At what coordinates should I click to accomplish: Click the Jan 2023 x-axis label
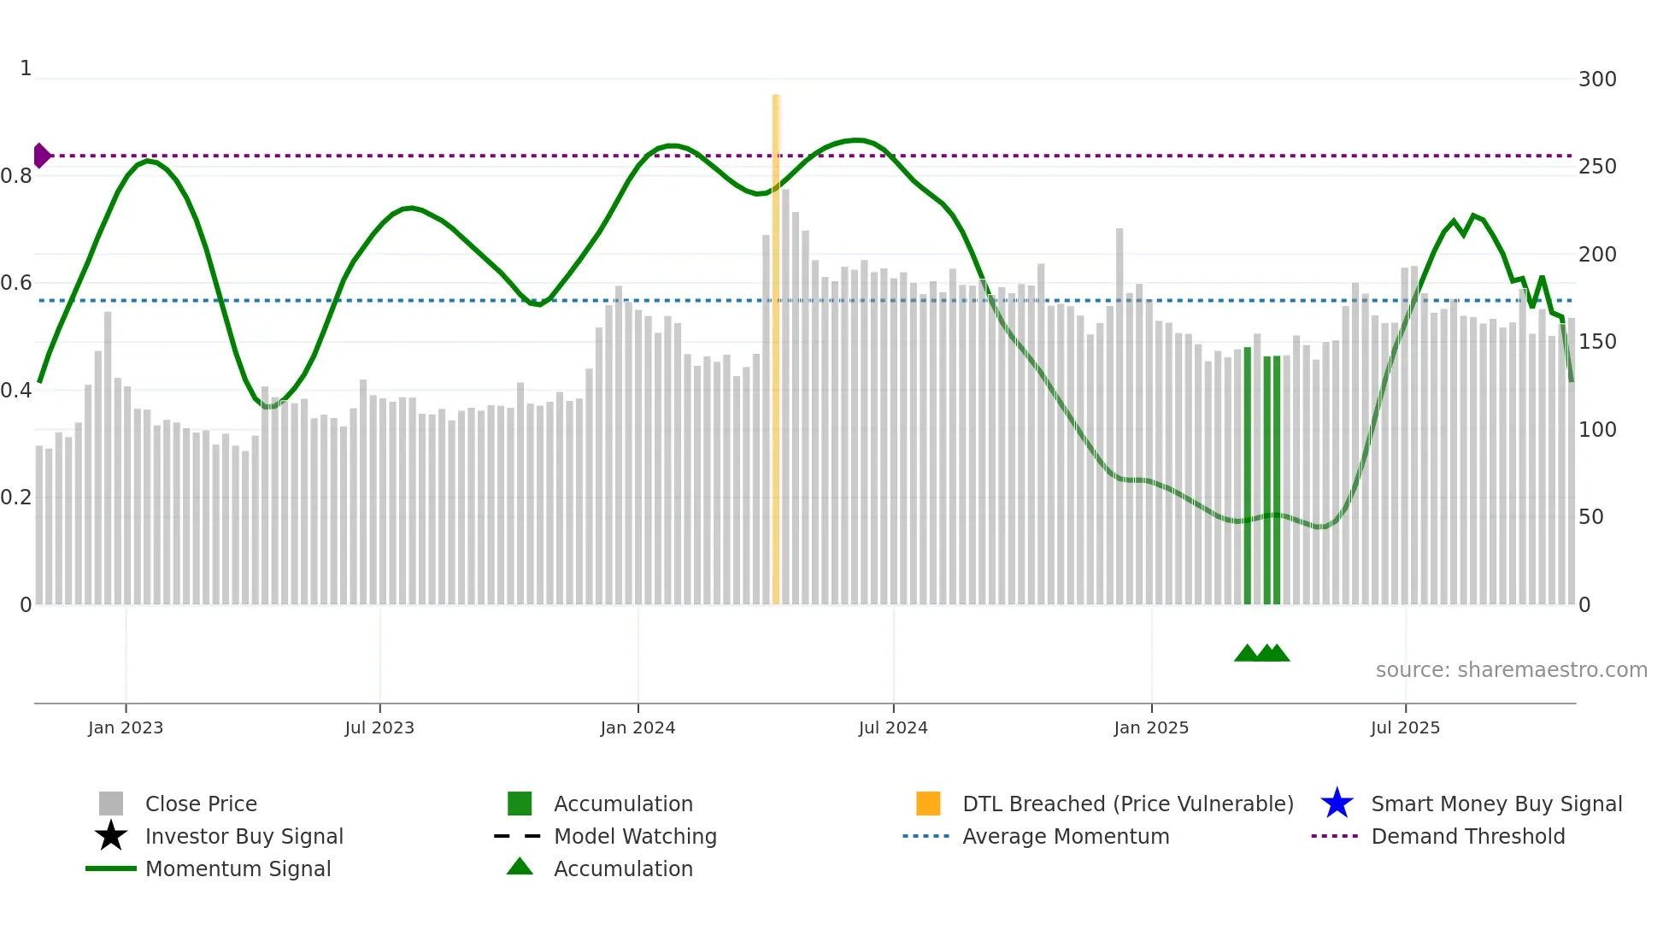point(125,727)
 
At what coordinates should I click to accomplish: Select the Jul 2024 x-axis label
point(893,727)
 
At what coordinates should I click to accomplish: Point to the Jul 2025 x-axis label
point(1405,727)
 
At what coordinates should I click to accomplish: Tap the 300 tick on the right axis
point(1596,79)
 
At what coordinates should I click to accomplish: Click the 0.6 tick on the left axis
point(15,283)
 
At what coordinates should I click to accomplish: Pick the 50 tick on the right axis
point(1590,517)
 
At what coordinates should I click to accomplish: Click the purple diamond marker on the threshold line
point(41,156)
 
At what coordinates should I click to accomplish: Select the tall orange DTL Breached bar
point(776,342)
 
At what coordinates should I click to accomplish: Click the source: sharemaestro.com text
point(1511,670)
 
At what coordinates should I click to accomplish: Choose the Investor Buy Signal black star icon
point(111,836)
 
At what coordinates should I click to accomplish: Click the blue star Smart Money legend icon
point(1337,804)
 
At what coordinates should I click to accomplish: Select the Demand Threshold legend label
point(1467,836)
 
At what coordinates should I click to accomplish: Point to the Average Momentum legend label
point(1066,836)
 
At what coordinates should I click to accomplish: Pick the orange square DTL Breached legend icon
point(928,804)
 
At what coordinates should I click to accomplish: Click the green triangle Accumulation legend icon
point(520,867)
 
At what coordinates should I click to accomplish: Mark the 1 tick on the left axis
point(26,68)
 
